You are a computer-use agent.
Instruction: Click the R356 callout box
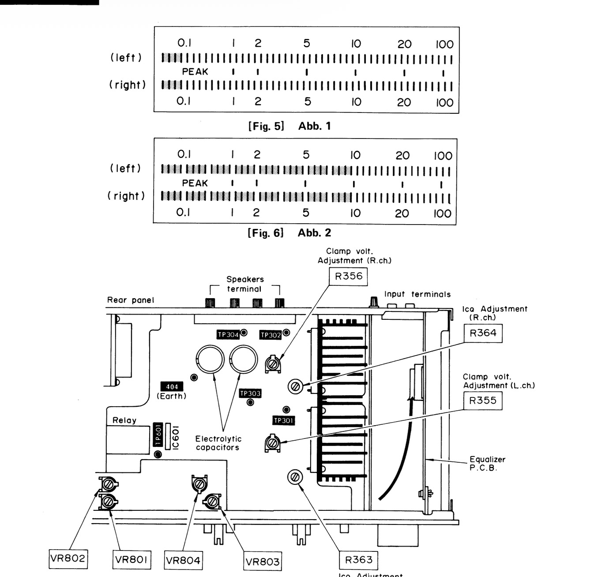pos(348,276)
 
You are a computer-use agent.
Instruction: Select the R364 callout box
pos(483,333)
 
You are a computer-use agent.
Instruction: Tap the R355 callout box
pos(483,401)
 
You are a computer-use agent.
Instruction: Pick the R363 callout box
pos(358,560)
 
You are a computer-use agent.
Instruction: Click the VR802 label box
pos(68,559)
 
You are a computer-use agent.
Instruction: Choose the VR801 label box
pos(132,560)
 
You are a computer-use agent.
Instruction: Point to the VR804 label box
pos(183,561)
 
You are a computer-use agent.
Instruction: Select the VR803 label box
pos(263,561)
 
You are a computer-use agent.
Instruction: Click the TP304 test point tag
pos(228,334)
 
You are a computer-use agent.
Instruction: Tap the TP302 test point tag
pos(271,335)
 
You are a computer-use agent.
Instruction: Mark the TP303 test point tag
pos(250,393)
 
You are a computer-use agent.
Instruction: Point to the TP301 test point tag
pos(284,420)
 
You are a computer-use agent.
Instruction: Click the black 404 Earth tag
pos(172,386)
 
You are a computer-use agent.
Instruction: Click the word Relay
pos(124,420)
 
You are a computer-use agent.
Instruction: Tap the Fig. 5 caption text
pos(266,126)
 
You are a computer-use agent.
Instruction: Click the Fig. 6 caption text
pos(266,232)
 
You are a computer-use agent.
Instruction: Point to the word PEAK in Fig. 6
pos(195,184)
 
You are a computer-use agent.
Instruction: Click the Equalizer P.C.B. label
pos(487,464)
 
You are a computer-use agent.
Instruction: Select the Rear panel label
pos(131,300)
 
